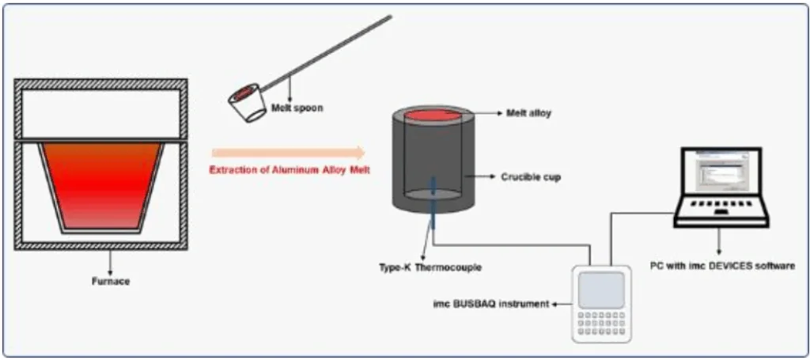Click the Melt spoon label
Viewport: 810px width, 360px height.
click(x=297, y=108)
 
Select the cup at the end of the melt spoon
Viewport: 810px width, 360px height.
click(x=247, y=105)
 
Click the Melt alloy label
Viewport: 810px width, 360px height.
click(x=528, y=114)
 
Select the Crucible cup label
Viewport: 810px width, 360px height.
click(x=531, y=177)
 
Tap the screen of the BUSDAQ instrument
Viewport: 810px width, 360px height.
click(x=600, y=290)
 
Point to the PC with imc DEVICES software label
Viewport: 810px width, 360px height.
click(x=721, y=267)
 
